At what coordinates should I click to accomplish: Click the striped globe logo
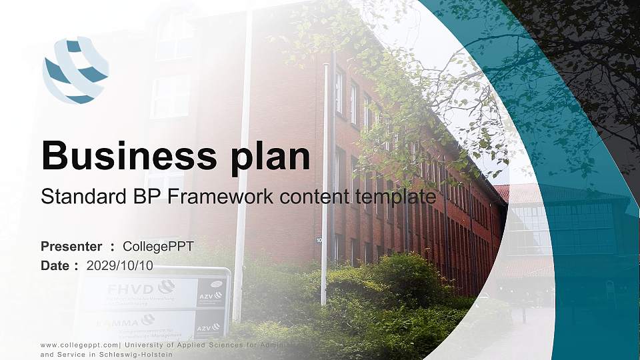pos(75,71)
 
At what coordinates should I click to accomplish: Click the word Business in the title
pos(125,156)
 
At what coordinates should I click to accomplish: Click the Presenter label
pos(71,247)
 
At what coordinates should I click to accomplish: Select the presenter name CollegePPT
pos(159,247)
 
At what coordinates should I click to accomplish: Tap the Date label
pos(55,265)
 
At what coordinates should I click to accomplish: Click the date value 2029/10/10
pos(120,265)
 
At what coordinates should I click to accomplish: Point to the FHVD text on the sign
pos(131,289)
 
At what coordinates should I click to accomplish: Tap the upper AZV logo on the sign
pos(210,295)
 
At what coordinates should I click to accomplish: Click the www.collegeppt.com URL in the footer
pos(79,345)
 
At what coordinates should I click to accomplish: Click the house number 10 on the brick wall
pos(319,240)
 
